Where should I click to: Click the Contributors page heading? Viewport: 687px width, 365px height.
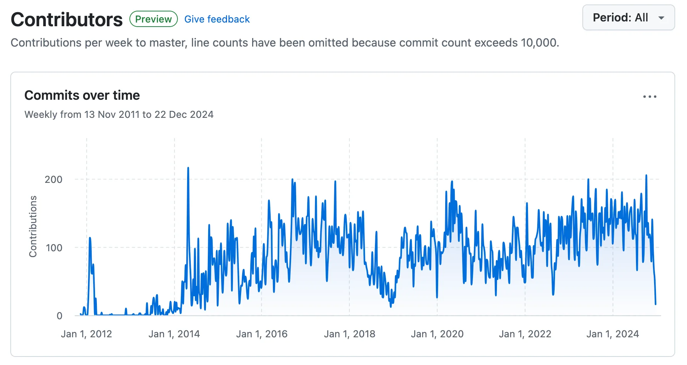click(67, 20)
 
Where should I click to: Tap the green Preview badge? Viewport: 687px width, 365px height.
click(153, 19)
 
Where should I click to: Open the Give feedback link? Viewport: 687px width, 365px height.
click(217, 19)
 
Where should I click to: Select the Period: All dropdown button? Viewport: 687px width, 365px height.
click(628, 18)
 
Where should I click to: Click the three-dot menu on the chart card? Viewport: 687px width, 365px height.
click(649, 97)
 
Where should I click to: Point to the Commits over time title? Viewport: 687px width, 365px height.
click(82, 95)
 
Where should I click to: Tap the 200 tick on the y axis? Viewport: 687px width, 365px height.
click(54, 180)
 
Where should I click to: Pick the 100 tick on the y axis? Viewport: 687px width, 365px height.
click(54, 248)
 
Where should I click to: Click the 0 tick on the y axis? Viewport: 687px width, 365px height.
click(59, 316)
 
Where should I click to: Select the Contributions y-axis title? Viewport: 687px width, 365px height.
click(33, 226)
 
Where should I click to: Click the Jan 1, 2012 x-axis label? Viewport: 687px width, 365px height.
click(86, 334)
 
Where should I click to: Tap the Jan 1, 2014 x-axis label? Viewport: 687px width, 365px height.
click(174, 334)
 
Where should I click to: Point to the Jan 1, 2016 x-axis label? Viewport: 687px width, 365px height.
click(262, 334)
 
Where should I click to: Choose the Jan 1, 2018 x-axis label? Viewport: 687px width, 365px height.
click(349, 334)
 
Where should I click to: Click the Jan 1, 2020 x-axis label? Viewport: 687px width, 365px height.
click(437, 334)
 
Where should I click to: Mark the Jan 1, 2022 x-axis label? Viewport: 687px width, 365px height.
click(525, 334)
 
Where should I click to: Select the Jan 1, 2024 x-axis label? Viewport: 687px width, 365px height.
click(613, 334)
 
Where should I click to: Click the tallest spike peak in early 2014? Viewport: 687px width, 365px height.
click(188, 168)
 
